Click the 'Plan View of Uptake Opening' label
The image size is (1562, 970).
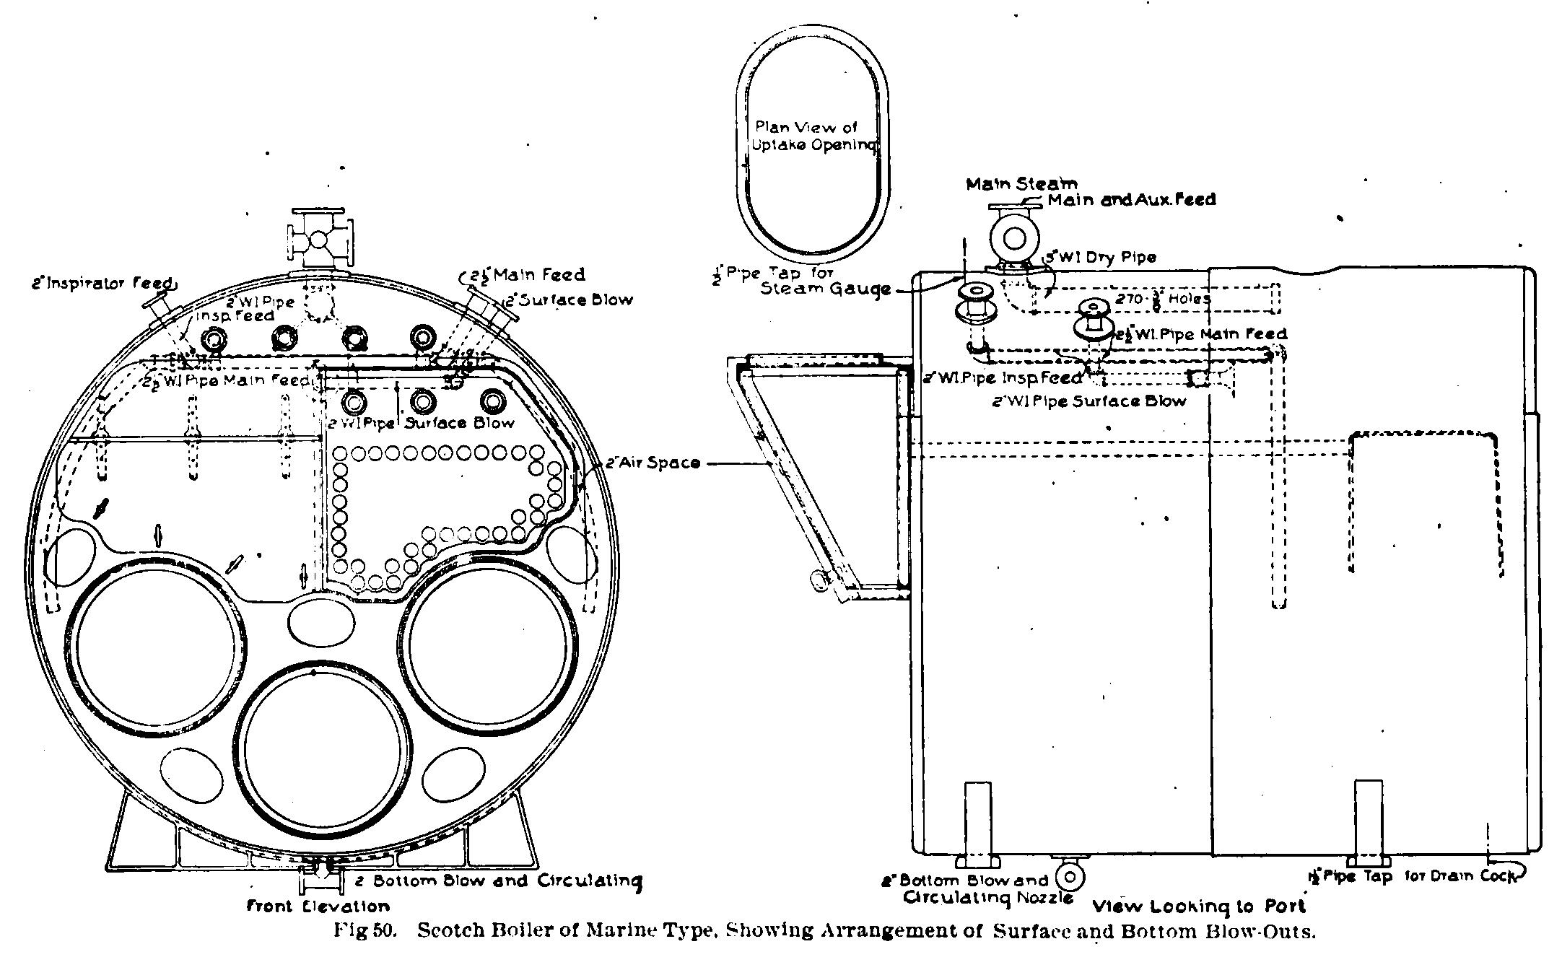(813, 136)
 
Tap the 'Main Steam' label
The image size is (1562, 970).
(1021, 184)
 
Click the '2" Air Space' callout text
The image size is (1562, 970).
(653, 463)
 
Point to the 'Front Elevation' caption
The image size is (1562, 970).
(318, 906)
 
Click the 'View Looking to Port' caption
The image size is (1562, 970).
(1199, 906)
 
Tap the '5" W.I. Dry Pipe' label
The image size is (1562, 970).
(1101, 257)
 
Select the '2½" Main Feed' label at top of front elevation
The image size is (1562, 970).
(527, 275)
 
